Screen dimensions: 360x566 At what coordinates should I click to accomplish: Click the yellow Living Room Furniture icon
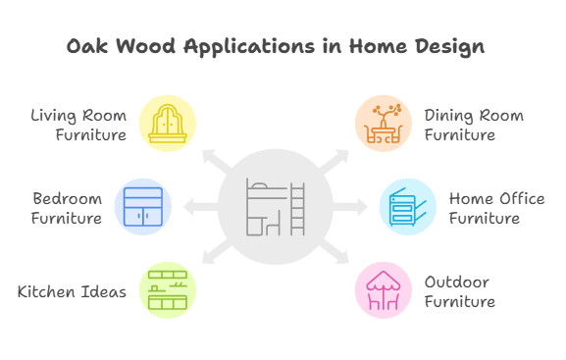(x=168, y=123)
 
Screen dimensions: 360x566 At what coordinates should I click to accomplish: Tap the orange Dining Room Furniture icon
(x=384, y=123)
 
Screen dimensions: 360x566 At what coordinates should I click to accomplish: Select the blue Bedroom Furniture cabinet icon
(x=143, y=206)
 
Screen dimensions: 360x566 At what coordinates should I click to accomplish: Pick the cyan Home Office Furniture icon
(x=408, y=206)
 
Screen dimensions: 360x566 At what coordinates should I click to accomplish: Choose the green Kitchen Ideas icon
(x=168, y=290)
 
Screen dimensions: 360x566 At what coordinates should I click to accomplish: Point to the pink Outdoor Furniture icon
(x=384, y=290)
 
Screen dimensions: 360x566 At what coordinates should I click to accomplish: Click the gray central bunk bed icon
(x=276, y=207)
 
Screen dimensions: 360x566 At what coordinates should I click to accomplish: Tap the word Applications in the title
(x=232, y=47)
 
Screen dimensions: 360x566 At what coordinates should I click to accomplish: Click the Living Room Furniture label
(x=78, y=125)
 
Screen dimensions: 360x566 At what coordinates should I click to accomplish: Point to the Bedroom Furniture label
(x=67, y=208)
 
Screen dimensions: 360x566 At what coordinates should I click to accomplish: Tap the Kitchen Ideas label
(x=72, y=291)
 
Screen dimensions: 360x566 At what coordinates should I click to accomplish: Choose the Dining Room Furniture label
(x=474, y=125)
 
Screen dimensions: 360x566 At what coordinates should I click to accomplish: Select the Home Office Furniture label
(x=496, y=208)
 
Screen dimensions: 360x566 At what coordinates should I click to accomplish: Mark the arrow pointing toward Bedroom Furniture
(x=199, y=206)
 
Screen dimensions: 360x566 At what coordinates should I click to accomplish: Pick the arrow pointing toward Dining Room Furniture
(x=339, y=158)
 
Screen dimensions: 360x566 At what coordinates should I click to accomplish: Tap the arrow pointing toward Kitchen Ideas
(x=212, y=256)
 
